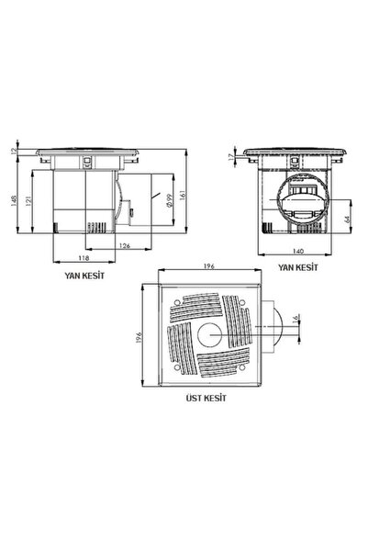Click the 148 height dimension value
tap(14, 200)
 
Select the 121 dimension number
tap(28, 200)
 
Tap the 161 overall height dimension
tap(183, 195)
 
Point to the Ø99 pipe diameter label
tap(169, 200)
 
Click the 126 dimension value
tap(125, 245)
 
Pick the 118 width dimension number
tap(84, 258)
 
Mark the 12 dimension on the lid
tap(14, 152)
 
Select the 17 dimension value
tap(231, 157)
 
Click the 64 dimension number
tap(347, 219)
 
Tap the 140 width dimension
tap(298, 251)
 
